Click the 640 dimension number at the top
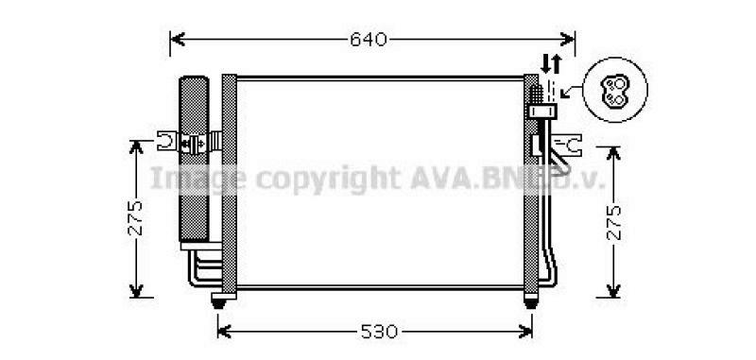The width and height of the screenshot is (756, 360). click(x=369, y=40)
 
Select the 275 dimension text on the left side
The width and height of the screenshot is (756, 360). click(x=136, y=218)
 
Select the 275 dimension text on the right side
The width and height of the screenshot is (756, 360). click(x=615, y=220)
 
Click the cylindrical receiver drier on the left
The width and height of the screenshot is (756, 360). click(x=194, y=161)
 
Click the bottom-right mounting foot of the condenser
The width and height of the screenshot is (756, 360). click(x=531, y=301)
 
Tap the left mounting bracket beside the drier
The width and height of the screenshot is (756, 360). click(x=169, y=143)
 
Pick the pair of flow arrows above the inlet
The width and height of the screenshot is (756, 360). click(x=551, y=64)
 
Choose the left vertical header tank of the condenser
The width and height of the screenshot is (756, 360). click(x=229, y=184)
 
